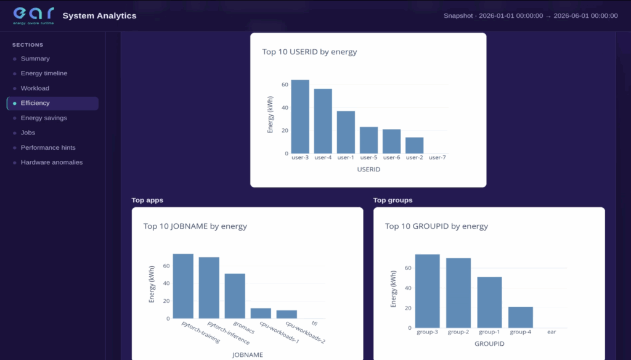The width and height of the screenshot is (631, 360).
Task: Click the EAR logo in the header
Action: pos(33,15)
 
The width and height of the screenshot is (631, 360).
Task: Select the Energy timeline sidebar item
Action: pos(44,73)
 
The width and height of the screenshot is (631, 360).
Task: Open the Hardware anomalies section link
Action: pos(52,162)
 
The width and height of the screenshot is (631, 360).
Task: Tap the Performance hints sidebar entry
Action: pos(48,147)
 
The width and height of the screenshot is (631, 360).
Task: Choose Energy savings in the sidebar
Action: pos(44,118)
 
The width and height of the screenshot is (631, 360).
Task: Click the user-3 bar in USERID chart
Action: pos(300,117)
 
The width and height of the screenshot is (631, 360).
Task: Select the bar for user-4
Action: pos(323,121)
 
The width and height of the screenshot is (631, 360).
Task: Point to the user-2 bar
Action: pos(415,145)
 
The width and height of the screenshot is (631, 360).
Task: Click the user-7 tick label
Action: pos(438,157)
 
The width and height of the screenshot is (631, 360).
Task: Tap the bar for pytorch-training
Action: pos(183,286)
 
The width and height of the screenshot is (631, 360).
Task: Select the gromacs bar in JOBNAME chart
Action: pos(235,297)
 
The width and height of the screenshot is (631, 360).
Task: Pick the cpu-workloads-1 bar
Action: pos(261,314)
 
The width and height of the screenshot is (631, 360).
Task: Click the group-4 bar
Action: pos(521,317)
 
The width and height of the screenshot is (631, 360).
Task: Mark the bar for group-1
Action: pos(490,303)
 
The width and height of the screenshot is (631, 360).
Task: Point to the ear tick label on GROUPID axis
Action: pos(552,332)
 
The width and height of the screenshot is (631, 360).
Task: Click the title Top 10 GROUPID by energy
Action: pos(437,226)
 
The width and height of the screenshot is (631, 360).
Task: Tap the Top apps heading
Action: pos(147,200)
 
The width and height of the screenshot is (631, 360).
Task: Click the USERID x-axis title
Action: pos(368,170)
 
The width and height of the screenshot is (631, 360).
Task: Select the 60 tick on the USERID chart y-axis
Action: pos(285,84)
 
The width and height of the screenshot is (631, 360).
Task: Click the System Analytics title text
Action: pos(99,15)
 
